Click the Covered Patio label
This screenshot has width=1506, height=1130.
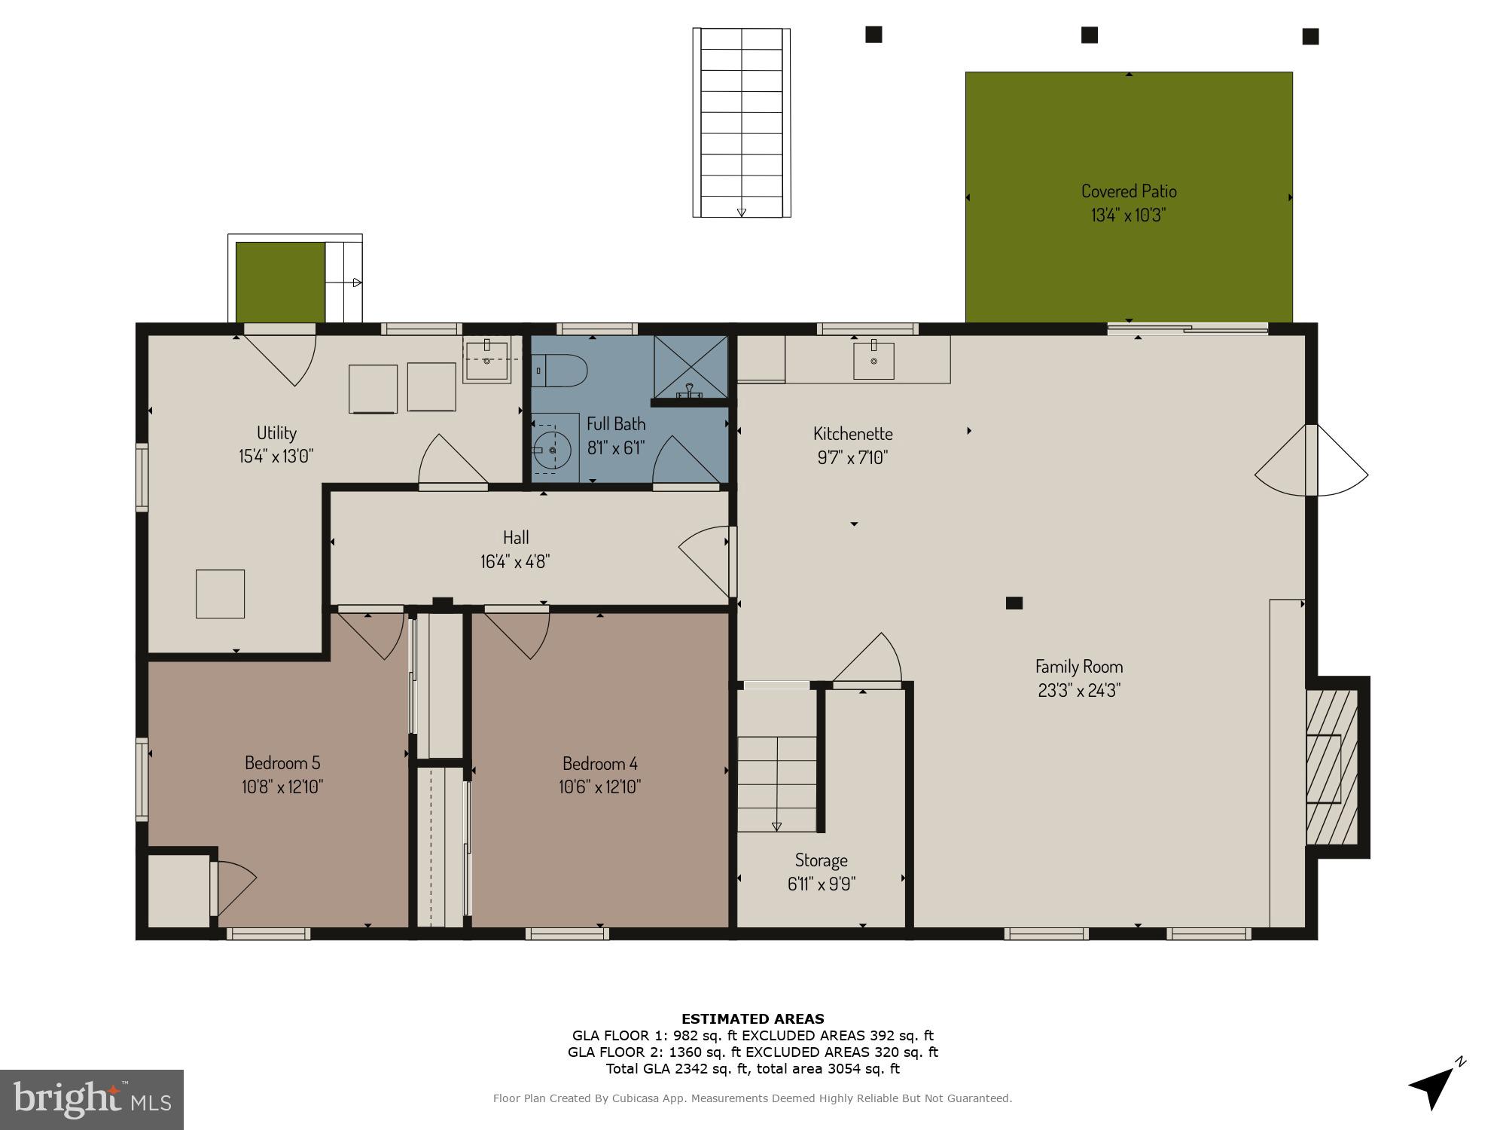[x=1128, y=191]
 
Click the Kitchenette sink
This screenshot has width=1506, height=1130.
[x=873, y=361]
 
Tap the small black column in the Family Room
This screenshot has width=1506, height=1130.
[x=1014, y=603]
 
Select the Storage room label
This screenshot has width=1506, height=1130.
[x=821, y=860]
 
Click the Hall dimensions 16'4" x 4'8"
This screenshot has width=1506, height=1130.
[x=515, y=562]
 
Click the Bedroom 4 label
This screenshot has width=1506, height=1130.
[x=599, y=763]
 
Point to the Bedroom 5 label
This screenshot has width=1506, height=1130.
[x=282, y=763]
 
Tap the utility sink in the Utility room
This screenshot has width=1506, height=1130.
[x=486, y=361]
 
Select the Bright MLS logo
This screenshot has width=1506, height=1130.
[x=92, y=1099]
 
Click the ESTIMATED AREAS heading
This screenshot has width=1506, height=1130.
[x=752, y=1019]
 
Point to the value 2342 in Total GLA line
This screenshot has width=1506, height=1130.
[x=692, y=1068]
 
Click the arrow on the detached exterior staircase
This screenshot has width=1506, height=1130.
[x=741, y=212]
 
